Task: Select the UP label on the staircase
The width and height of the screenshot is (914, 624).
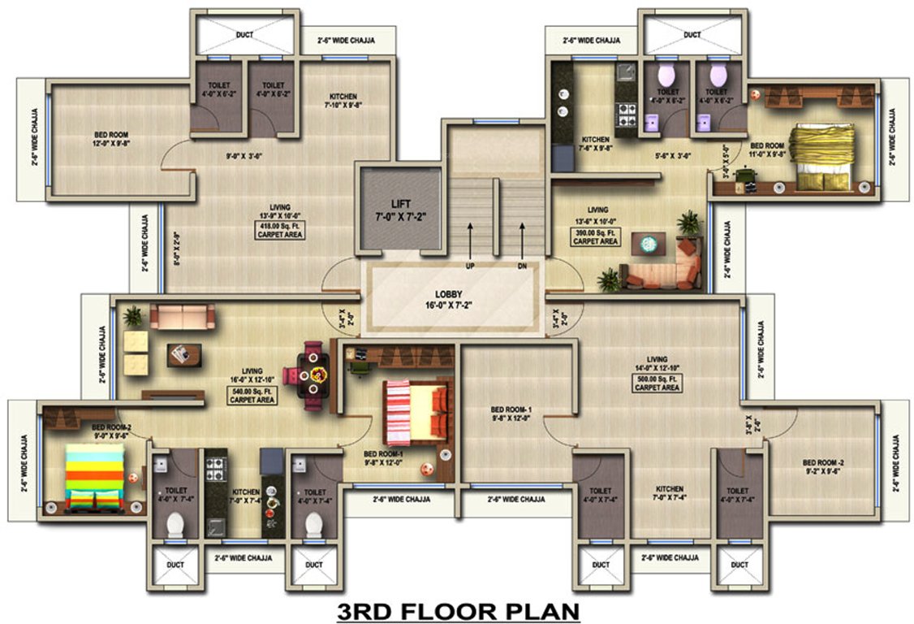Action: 469,266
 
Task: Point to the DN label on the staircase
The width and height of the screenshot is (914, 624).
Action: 522,266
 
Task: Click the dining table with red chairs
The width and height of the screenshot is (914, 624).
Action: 314,375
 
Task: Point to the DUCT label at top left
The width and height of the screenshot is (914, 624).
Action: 244,35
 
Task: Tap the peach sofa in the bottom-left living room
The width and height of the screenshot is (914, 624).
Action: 182,316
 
